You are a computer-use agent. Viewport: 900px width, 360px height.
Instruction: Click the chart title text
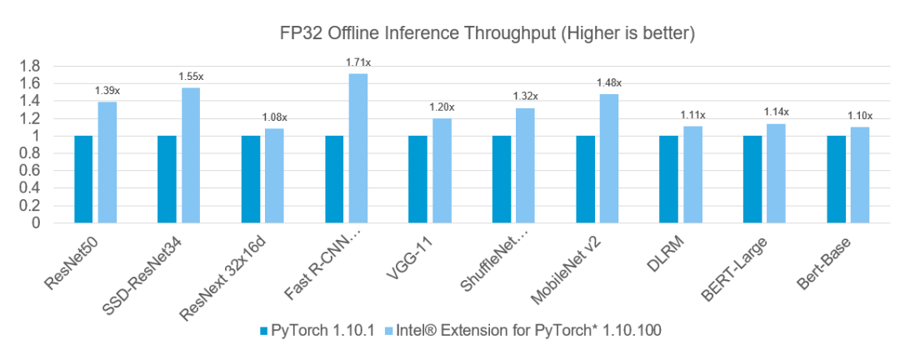coord(486,34)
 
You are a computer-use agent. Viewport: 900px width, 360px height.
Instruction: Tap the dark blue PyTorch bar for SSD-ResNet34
coord(167,179)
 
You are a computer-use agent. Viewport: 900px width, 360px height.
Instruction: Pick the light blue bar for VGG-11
coord(442,171)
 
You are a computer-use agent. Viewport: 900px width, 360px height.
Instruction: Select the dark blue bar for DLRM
coord(668,179)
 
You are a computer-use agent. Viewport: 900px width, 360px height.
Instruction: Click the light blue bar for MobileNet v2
coord(608,158)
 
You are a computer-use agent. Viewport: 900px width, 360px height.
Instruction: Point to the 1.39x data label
coord(107,90)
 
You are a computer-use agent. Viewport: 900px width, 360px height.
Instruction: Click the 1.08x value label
coord(274,117)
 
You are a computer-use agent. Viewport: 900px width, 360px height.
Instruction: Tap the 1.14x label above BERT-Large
coord(776,112)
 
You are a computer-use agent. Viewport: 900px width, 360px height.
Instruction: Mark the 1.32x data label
coord(525,97)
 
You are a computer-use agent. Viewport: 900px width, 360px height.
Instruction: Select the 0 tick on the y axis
coord(36,223)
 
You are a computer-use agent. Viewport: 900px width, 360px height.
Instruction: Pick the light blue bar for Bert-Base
coord(859,175)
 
